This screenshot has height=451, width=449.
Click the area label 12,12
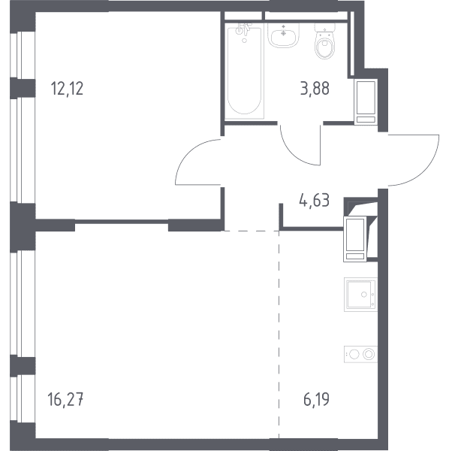pos(67,89)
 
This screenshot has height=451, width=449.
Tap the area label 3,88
pos(315,89)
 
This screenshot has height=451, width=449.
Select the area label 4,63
pos(315,201)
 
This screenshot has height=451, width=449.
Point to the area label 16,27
pos(66,400)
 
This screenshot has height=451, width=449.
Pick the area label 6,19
pos(316,400)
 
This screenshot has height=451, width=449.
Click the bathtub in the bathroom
pos(244,71)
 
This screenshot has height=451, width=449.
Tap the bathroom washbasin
pos(284,35)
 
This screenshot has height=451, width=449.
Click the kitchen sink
pos(360,294)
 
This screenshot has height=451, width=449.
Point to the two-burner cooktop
pos(360,354)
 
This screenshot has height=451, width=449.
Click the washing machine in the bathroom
pos(366,101)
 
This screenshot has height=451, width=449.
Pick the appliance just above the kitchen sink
pos(355,239)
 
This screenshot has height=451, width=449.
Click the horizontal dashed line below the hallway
pos(252,231)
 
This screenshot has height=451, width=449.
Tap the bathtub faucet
pos(243,29)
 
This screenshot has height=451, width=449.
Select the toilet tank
pos(325,28)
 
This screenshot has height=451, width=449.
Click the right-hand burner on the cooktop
pos(369,354)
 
